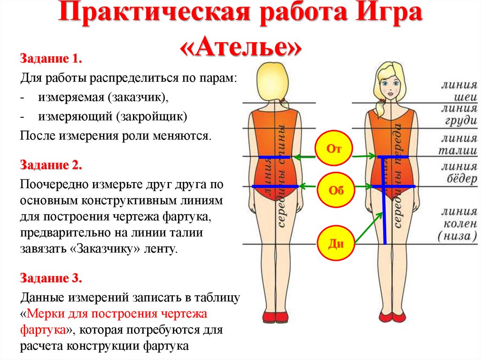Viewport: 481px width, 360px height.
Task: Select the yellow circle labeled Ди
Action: tap(335, 243)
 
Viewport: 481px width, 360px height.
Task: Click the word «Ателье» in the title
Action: tap(240, 47)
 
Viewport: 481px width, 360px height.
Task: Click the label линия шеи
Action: tap(458, 91)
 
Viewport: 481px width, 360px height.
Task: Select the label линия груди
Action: tap(458, 115)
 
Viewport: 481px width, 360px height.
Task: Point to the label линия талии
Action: tap(458, 144)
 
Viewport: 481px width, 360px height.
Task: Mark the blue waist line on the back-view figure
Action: tap(275, 157)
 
